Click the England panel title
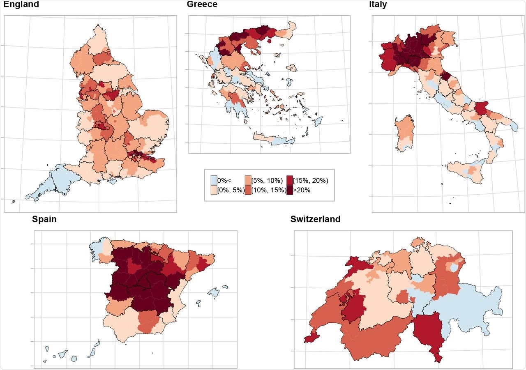(21, 5)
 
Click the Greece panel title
(202, 5)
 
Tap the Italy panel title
(378, 5)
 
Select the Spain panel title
(44, 219)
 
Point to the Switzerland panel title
(315, 219)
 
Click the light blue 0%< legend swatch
(214, 180)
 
